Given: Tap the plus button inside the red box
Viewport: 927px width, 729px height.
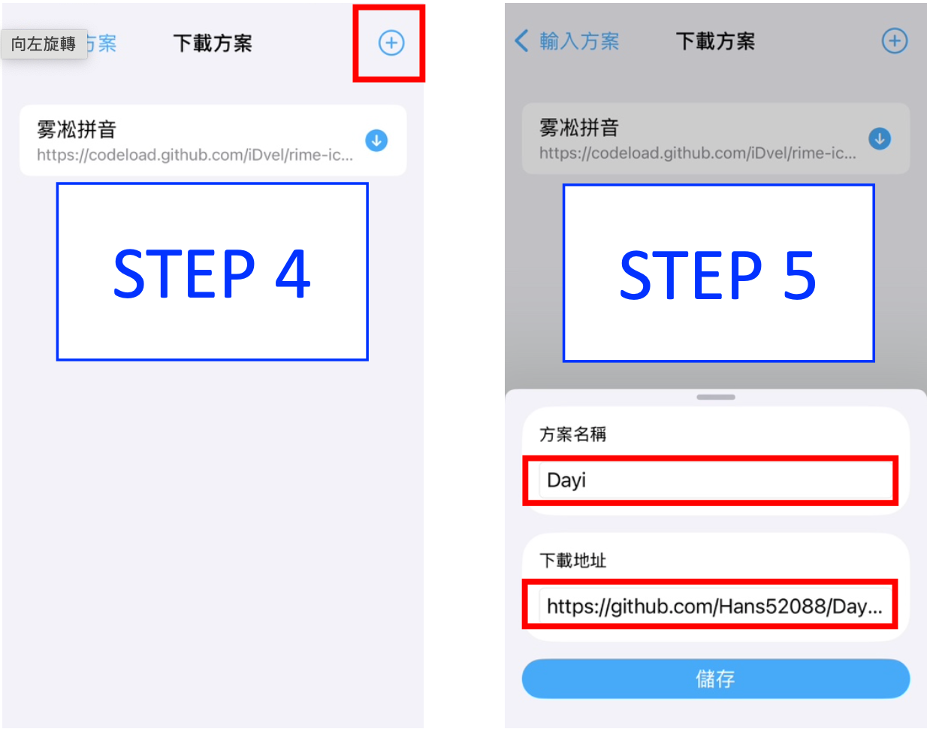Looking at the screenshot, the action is click(391, 43).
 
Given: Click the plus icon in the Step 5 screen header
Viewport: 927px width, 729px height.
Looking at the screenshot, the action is click(895, 41).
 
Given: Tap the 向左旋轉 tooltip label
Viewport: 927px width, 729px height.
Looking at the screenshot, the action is click(44, 44).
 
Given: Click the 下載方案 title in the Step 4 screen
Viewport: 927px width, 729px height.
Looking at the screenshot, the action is click(213, 43).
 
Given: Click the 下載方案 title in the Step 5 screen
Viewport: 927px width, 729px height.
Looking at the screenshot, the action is click(715, 41).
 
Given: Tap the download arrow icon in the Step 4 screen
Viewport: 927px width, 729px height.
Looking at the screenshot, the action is click(376, 141).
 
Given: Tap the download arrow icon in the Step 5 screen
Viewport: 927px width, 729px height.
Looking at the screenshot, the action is click(879, 139).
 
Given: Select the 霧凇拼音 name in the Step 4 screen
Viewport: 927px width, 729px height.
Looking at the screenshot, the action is click(77, 129).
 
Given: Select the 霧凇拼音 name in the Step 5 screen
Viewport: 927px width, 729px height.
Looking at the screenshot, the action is click(579, 128).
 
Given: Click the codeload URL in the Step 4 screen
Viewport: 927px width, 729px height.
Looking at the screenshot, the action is click(195, 155).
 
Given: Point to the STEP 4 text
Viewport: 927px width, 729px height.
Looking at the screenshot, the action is click(212, 274).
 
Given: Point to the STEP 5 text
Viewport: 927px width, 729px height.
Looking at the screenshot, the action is click(718, 275).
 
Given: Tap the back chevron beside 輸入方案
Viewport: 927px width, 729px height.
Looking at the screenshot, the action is click(521, 41).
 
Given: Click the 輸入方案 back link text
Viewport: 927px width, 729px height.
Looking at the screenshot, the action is click(579, 41).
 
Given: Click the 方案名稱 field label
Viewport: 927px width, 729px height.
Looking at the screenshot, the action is click(572, 434).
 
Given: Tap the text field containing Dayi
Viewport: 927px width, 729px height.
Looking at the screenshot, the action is click(715, 480).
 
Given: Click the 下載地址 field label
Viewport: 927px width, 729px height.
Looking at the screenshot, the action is click(572, 561).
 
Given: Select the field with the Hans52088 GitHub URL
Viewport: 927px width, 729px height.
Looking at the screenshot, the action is click(715, 606).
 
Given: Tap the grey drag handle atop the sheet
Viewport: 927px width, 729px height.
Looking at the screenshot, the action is click(715, 397).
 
